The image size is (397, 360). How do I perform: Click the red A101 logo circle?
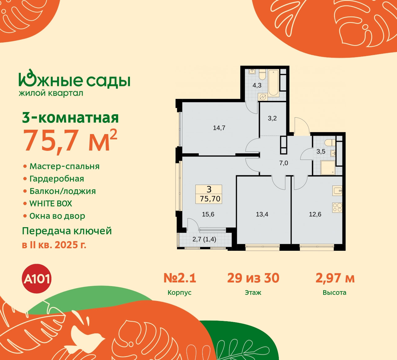[x=37, y=279]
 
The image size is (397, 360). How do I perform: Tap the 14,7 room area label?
[x=219, y=128]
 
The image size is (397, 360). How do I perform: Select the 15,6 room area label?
[x=208, y=214]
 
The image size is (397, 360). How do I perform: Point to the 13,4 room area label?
[x=262, y=214]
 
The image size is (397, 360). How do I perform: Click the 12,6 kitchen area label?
[x=315, y=214]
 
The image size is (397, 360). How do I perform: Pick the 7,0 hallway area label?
[x=284, y=163]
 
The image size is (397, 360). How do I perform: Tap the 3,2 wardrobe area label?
[x=272, y=118]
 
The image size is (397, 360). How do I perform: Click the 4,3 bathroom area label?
[x=257, y=85]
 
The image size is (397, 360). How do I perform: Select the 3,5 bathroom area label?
[x=321, y=151]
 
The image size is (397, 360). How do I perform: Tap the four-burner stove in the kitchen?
[x=337, y=208]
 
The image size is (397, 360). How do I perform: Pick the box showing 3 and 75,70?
[x=209, y=194]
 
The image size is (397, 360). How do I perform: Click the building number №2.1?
[x=180, y=278]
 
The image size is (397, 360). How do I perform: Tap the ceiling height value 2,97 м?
[x=335, y=278]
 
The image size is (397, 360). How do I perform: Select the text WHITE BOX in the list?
[x=51, y=204]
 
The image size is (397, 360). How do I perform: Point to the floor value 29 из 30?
[x=253, y=278]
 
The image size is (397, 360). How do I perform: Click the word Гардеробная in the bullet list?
[x=57, y=179]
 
